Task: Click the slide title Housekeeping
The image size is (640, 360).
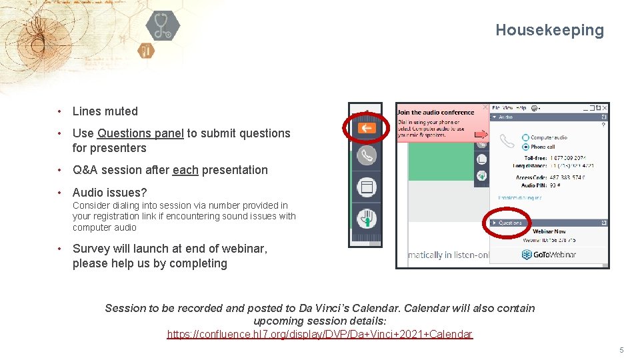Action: [549, 30]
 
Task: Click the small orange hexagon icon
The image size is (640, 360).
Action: [146, 51]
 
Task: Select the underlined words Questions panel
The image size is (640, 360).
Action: [141, 133]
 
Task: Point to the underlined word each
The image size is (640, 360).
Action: [185, 170]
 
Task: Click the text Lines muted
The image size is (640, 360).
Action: [105, 111]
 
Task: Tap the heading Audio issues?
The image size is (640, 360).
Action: [109, 193]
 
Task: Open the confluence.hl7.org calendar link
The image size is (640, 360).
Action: [319, 334]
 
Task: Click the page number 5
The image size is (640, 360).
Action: [621, 351]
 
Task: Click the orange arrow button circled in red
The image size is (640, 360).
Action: [366, 128]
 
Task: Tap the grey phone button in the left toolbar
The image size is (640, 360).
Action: [366, 155]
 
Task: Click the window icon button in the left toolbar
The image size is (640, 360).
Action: [366, 187]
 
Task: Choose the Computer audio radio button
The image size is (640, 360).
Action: [526, 138]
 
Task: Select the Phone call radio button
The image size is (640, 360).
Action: [526, 147]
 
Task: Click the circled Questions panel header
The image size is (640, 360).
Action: [511, 223]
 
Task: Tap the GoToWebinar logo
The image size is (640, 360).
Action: [549, 255]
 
